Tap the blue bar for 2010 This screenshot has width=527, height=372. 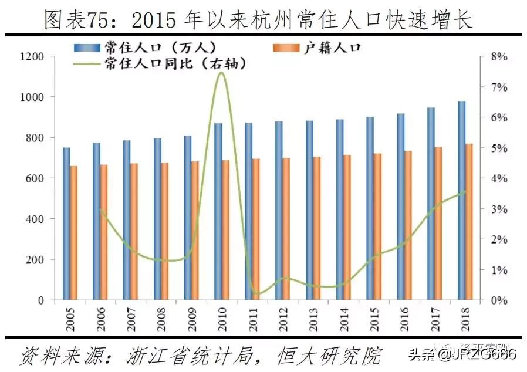coord(218,211)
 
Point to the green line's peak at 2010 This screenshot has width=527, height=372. coord(220,72)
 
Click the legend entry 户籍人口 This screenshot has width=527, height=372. coord(332,48)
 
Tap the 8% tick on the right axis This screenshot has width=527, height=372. coord(490,56)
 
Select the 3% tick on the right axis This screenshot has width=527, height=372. coord(490,209)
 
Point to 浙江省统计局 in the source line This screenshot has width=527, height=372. coord(185,355)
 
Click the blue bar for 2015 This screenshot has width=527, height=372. coord(370,208)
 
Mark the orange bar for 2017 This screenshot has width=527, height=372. coord(439,224)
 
